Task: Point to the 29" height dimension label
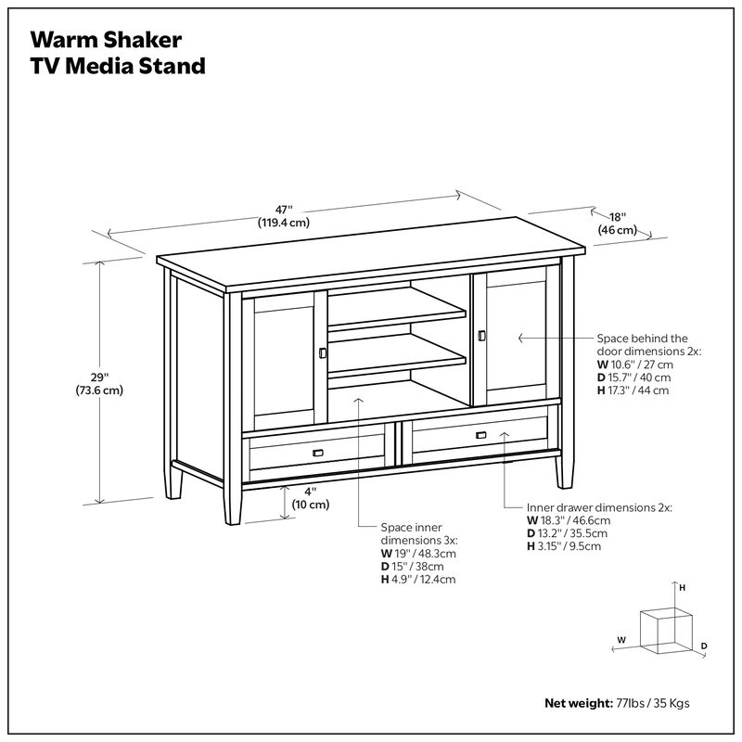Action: tap(99, 383)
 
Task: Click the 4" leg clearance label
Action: tap(310, 498)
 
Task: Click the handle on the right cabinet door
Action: tap(481, 335)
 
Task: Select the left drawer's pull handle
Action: tap(316, 452)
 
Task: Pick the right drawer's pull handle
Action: tap(480, 435)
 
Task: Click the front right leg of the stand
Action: tap(563, 468)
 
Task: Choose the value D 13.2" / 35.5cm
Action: tap(567, 533)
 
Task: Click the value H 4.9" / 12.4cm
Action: tap(418, 579)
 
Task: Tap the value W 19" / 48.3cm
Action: tap(418, 553)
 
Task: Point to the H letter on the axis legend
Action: tap(682, 588)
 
